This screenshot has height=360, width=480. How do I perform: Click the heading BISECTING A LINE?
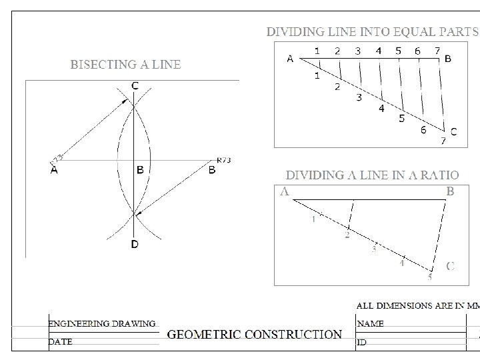coord(126,65)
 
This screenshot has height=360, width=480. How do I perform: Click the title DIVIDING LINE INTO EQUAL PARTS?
coord(372,31)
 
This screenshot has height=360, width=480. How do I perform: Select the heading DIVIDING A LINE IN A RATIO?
coord(372,175)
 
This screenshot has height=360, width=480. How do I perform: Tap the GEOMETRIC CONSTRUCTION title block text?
coord(254,334)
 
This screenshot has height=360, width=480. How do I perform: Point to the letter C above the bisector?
coord(135,85)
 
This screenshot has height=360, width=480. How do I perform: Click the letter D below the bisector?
coord(135,245)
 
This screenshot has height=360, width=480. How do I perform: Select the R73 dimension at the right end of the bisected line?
coord(223,160)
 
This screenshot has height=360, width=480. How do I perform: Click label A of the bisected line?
coord(54,170)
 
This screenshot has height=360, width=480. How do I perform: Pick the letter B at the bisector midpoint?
coord(140,170)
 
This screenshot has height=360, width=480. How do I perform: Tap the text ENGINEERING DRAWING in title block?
coord(101,323)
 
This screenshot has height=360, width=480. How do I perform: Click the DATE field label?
coord(60,341)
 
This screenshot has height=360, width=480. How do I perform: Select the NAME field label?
coord(371,323)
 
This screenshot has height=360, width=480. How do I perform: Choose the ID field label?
coord(363,342)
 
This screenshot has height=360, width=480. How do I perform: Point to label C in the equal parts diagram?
coord(453,132)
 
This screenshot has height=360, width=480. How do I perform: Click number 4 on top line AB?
coord(379,50)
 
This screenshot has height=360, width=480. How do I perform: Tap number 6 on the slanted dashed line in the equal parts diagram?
coord(423,130)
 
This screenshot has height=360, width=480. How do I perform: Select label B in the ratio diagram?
coord(450,192)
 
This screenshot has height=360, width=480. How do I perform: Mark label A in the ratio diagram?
coord(285,192)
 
